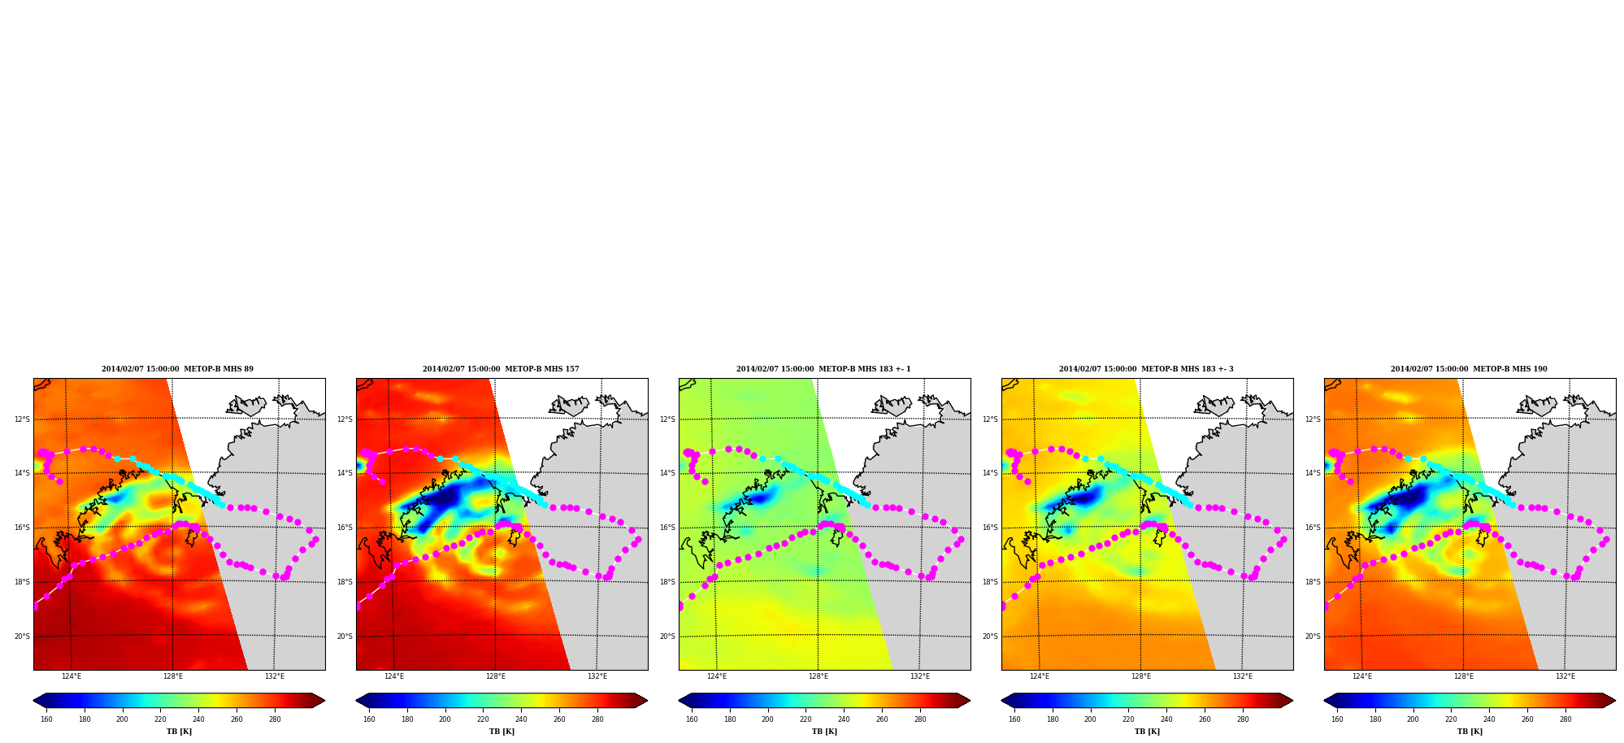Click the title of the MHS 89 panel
pyautogui.click(x=177, y=369)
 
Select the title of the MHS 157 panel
pyautogui.click(x=501, y=369)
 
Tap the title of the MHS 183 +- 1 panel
pyautogui.click(x=823, y=369)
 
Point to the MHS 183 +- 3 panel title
pyautogui.click(x=1146, y=369)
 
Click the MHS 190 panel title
pyautogui.click(x=1469, y=369)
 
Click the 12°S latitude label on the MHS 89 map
pyautogui.click(x=22, y=419)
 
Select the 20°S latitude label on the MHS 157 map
pyautogui.click(x=345, y=637)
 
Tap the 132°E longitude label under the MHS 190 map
pyautogui.click(x=1565, y=676)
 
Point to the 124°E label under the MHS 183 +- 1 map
pyautogui.click(x=717, y=676)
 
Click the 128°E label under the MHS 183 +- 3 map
pyautogui.click(x=1141, y=676)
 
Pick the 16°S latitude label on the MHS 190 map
pyautogui.click(x=1313, y=528)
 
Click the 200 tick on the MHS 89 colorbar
pyautogui.click(x=122, y=719)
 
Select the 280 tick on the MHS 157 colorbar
pyautogui.click(x=597, y=719)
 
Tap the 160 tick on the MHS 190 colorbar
pyautogui.click(x=1337, y=719)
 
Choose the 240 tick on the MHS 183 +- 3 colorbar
pyautogui.click(x=1166, y=719)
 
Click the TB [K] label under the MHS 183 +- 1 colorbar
pyautogui.click(x=824, y=732)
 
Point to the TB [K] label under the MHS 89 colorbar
pyautogui.click(x=179, y=732)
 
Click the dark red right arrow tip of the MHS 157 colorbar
pyautogui.click(x=647, y=701)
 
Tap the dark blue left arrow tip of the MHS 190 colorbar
pyautogui.click(x=1325, y=701)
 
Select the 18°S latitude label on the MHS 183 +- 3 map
pyautogui.click(x=990, y=582)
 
